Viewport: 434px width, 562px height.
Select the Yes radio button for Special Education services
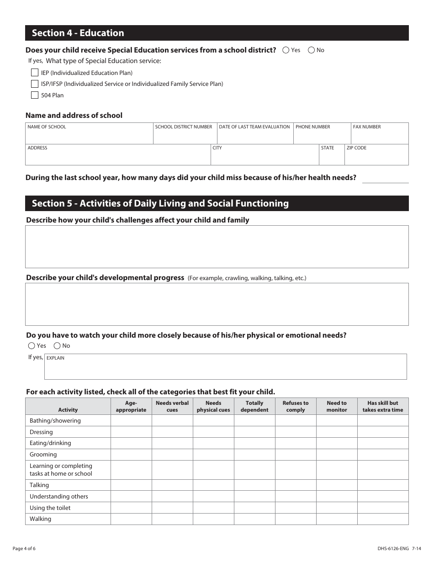click(x=286, y=50)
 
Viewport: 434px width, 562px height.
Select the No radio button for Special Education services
click(x=312, y=50)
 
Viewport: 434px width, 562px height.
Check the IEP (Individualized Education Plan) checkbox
click(x=35, y=73)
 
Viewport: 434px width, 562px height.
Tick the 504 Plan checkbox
click(x=35, y=95)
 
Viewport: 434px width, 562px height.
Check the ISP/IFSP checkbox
click(x=35, y=84)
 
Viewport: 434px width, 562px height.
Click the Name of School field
click(x=89, y=137)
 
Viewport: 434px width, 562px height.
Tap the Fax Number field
click(x=379, y=137)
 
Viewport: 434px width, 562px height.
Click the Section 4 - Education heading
click(x=78, y=33)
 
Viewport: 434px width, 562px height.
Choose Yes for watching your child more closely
click(x=32, y=346)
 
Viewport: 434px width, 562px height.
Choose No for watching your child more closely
click(x=57, y=346)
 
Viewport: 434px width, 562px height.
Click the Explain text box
click(x=225, y=369)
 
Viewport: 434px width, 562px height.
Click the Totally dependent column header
click(x=254, y=406)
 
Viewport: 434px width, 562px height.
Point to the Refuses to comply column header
click(x=296, y=406)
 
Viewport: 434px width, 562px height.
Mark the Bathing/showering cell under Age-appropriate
click(x=131, y=420)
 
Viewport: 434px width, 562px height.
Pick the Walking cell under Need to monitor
click(x=337, y=519)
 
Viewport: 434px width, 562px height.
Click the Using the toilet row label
click(x=50, y=508)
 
